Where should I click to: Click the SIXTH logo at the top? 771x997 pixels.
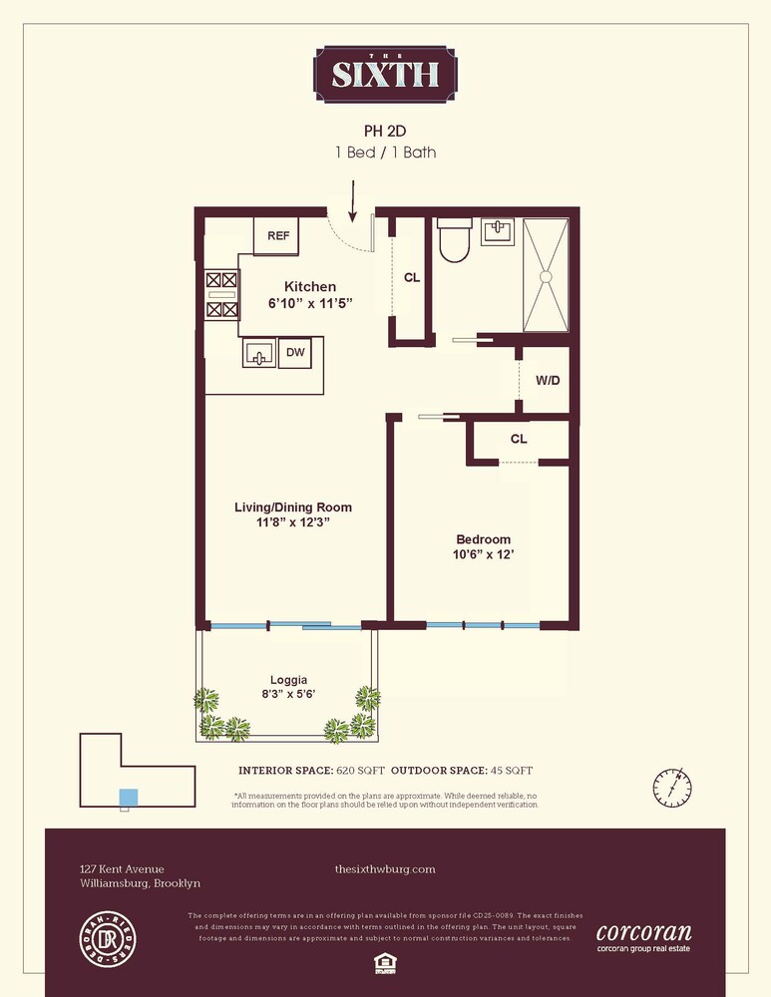coord(385,74)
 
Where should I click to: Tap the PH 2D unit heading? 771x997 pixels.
coord(385,131)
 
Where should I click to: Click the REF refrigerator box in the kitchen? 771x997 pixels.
coord(277,236)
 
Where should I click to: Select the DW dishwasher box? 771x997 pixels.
coord(294,352)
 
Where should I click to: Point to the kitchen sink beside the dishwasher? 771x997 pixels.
coord(259,354)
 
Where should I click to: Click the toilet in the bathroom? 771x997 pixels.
coord(454,241)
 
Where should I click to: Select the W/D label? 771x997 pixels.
coord(548,380)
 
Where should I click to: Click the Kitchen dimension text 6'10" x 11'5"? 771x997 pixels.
coord(310,303)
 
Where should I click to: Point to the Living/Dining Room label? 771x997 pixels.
coord(293,507)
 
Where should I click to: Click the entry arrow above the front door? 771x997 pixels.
coord(352,198)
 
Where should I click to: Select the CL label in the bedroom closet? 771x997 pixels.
coord(519,439)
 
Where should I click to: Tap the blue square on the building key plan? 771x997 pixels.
coord(128,797)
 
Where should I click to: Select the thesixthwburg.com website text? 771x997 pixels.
coord(385,869)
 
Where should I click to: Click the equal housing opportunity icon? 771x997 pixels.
coord(385,961)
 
